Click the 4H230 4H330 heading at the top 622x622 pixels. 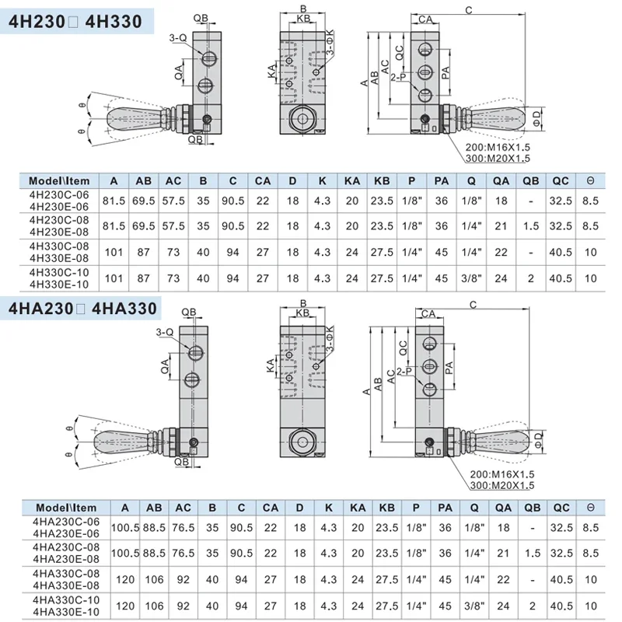pos(75,21)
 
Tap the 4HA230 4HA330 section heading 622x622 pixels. pos(83,309)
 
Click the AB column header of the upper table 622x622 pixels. pos(144,181)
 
